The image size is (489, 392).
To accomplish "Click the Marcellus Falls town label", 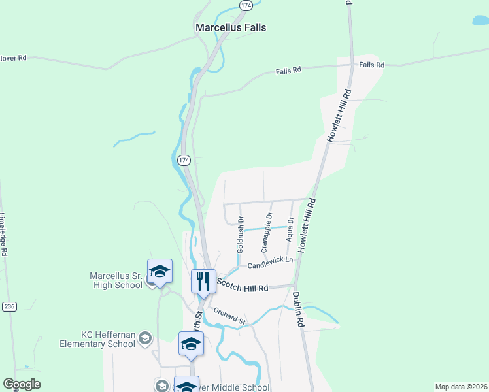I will pos(231,28).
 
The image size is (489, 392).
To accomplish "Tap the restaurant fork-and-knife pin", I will pos(203,282).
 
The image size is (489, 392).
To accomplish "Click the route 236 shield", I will pos(8,306).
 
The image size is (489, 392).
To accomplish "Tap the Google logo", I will pos(22,384).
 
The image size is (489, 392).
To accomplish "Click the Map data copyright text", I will pos(462,386).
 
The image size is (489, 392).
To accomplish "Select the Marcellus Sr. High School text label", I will pos(116,280).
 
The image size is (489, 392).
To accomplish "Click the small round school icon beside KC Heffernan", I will pos(145,338).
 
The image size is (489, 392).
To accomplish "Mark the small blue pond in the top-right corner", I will pos(481,21).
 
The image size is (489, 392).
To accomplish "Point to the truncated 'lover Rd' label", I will pos(12,57).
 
